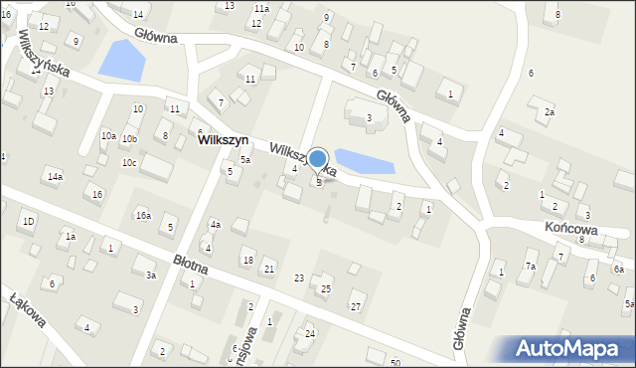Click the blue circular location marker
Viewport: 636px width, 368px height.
pos(318,158)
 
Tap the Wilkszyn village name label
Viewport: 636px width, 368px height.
pos(223,141)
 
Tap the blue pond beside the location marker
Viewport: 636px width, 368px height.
pos(365,160)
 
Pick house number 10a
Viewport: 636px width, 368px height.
pos(108,136)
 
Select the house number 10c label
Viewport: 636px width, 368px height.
pos(129,162)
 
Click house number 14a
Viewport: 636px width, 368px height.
pos(55,177)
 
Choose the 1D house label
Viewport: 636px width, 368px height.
pos(29,221)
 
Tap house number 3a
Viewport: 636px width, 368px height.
pos(151,276)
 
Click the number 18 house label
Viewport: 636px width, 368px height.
pos(247,261)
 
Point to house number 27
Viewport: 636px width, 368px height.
pos(356,307)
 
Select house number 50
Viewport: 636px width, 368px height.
pos(395,362)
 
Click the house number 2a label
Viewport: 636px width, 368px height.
pos(549,112)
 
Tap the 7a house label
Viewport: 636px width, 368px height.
pos(531,267)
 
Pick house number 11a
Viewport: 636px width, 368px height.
pos(260,8)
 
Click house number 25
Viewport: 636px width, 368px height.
pos(325,288)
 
